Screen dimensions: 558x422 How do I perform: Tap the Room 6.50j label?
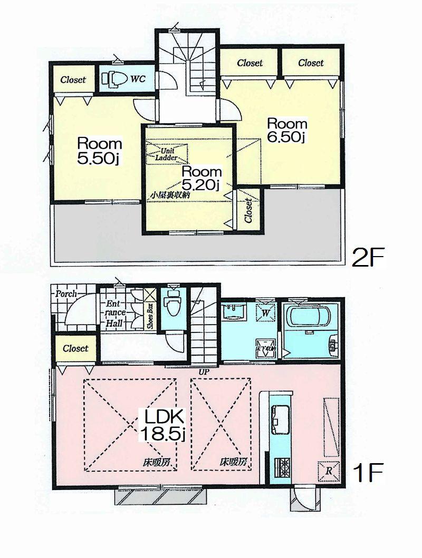point(287,130)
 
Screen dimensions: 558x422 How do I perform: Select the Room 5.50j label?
point(100,151)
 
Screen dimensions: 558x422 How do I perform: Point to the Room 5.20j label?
point(202,178)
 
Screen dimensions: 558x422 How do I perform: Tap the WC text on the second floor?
point(138,79)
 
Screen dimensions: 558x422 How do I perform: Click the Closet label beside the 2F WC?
point(73,80)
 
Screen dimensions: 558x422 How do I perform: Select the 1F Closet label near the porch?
point(75,348)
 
